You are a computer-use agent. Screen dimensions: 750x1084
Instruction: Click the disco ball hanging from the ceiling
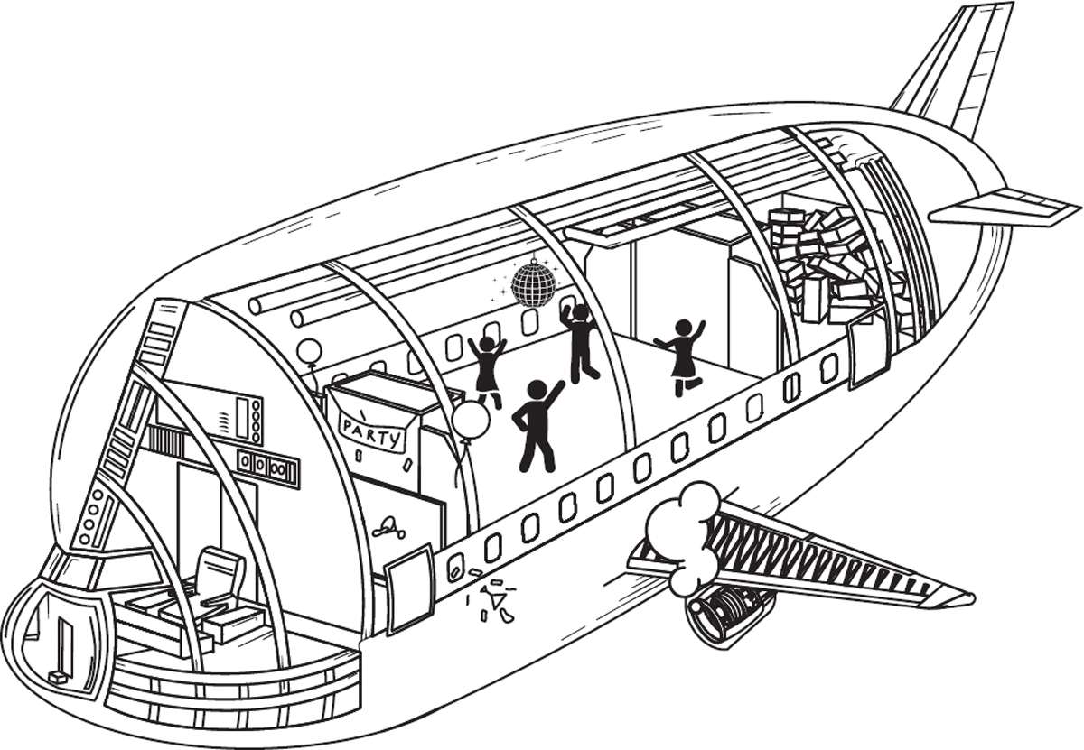coord(533,282)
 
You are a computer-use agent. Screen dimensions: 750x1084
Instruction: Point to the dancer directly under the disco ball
coord(578,341)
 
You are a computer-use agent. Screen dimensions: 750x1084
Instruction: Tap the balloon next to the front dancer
coord(471,421)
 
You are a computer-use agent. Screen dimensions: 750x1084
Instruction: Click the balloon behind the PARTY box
coord(309,352)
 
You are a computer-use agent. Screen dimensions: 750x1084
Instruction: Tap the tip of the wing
coord(962,597)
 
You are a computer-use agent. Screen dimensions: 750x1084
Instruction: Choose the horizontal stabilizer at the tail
coord(1003,208)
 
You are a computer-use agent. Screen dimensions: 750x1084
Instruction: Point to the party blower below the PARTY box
coord(388,526)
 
